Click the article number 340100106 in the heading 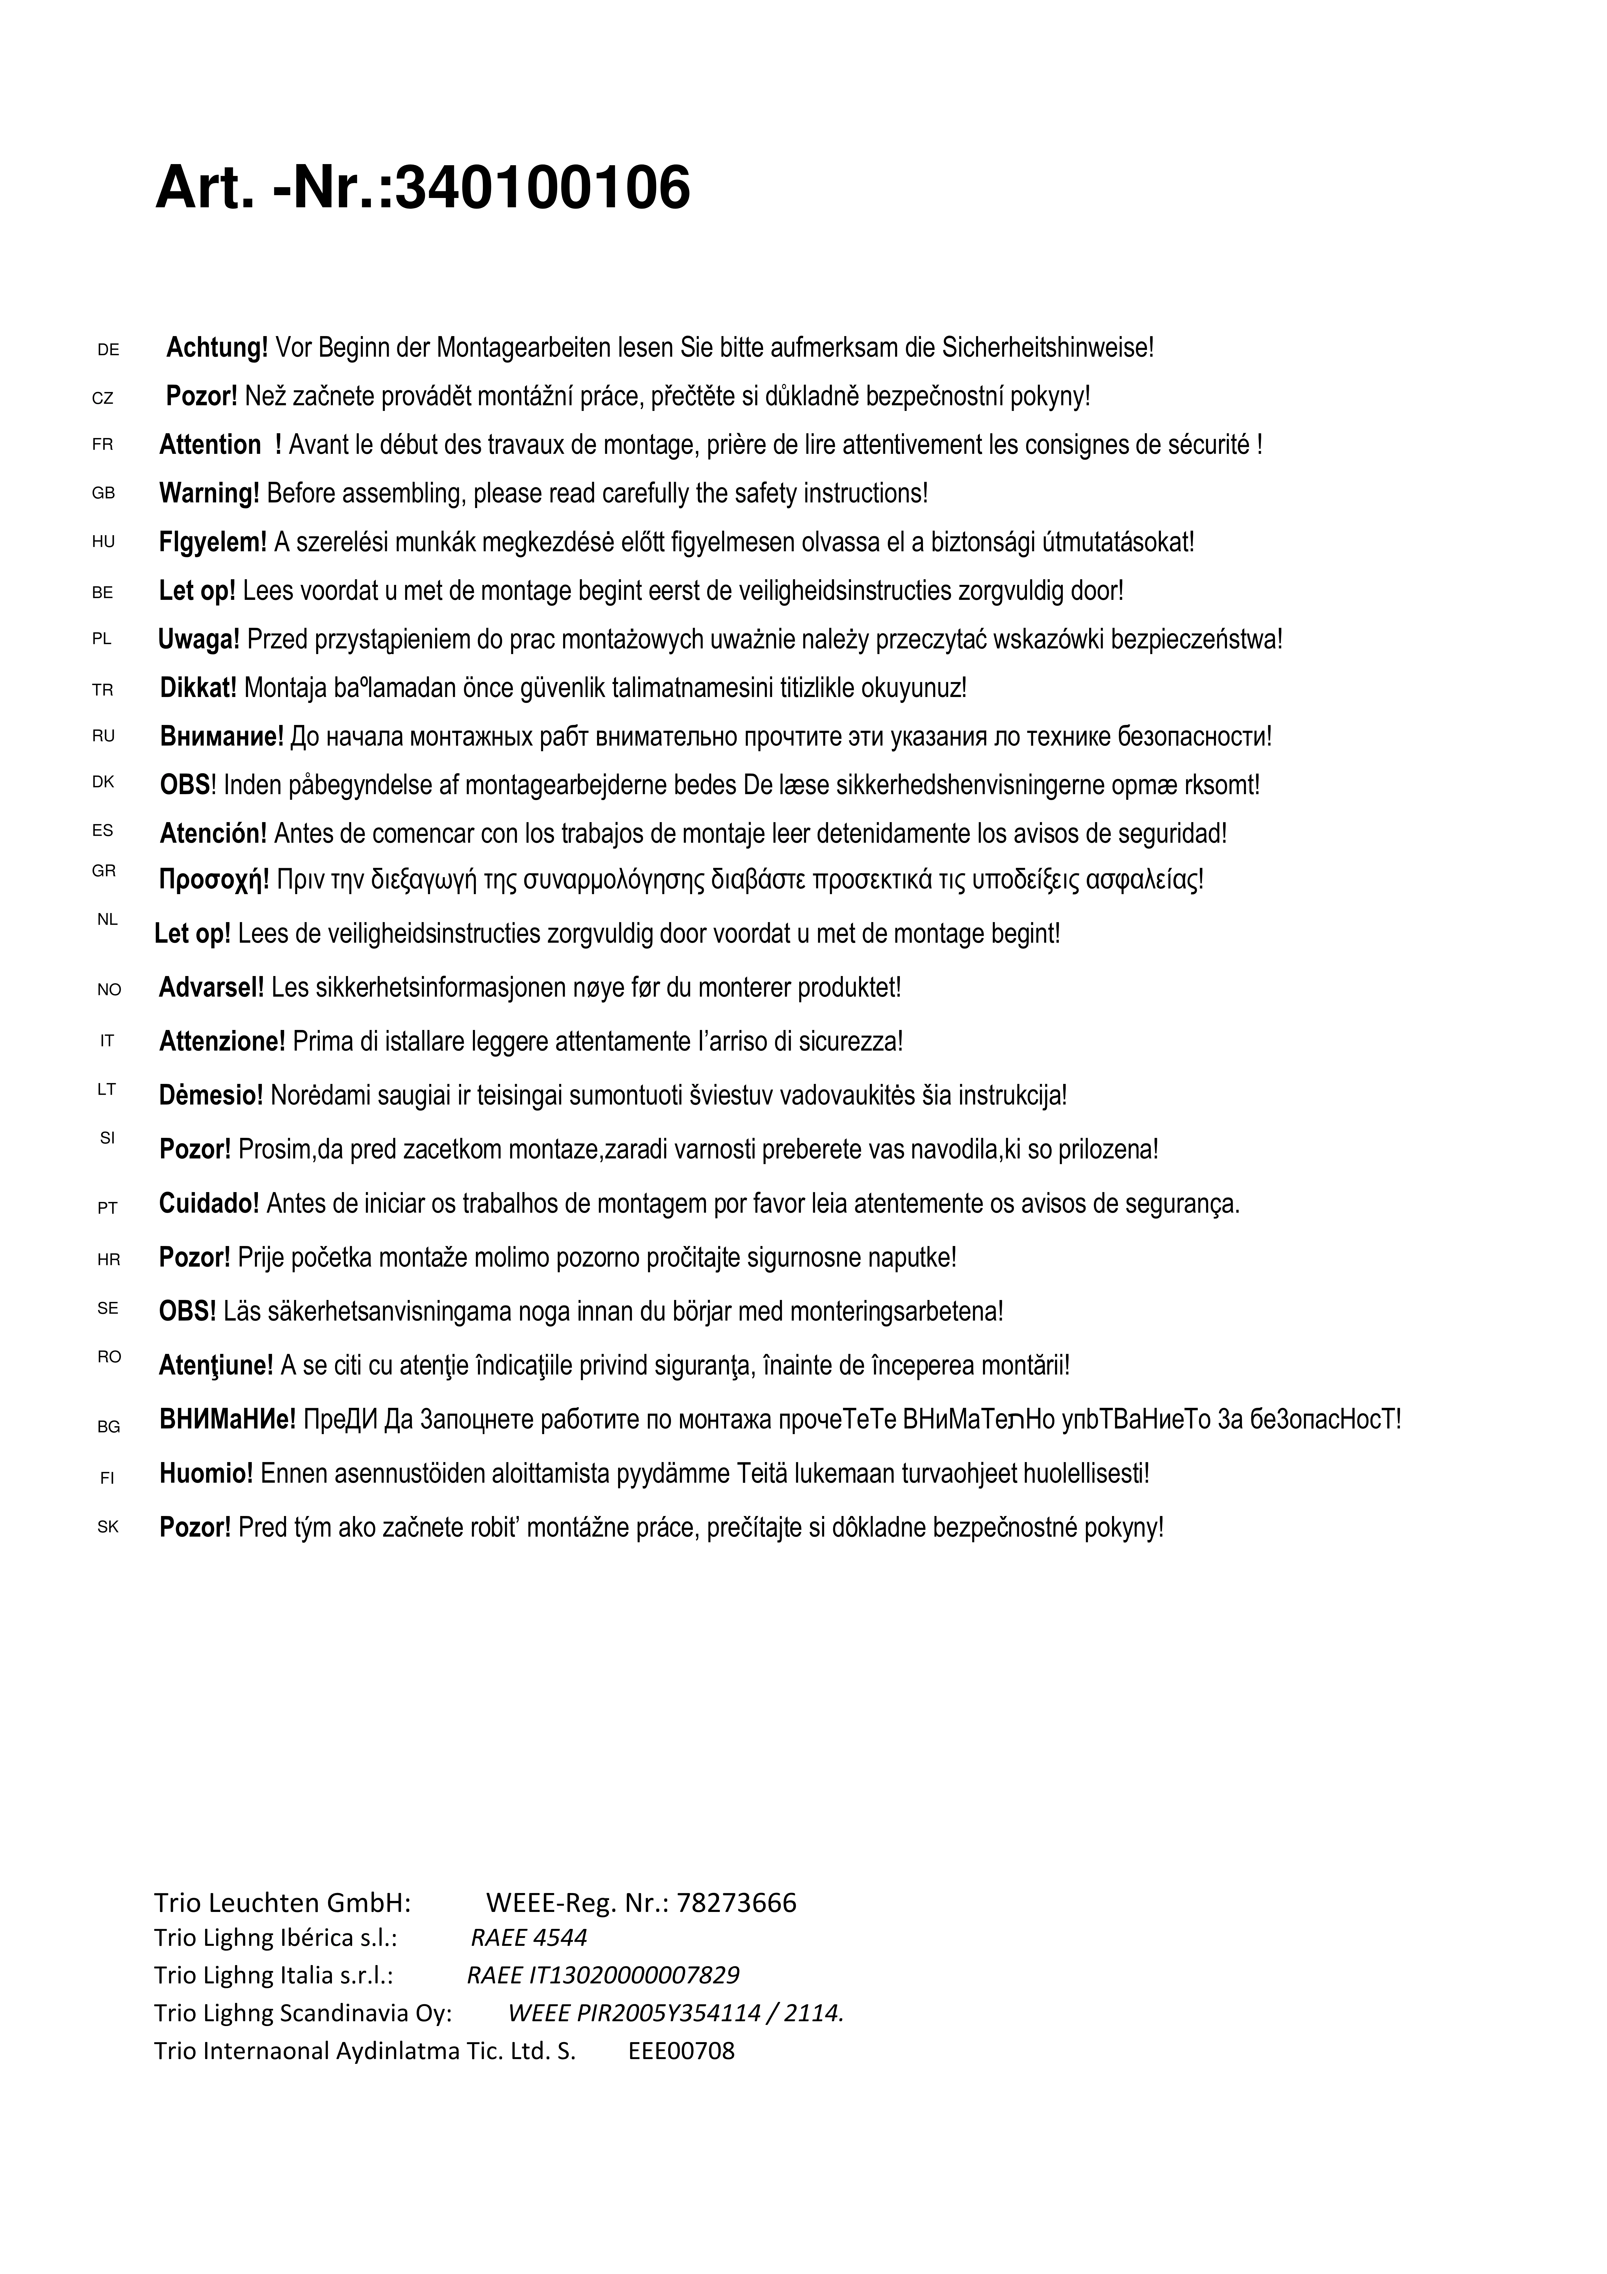click(x=542, y=188)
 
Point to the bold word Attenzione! click(x=222, y=1042)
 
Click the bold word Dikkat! click(x=198, y=687)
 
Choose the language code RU click(x=103, y=736)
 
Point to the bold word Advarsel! click(x=211, y=987)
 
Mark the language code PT click(x=107, y=1208)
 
